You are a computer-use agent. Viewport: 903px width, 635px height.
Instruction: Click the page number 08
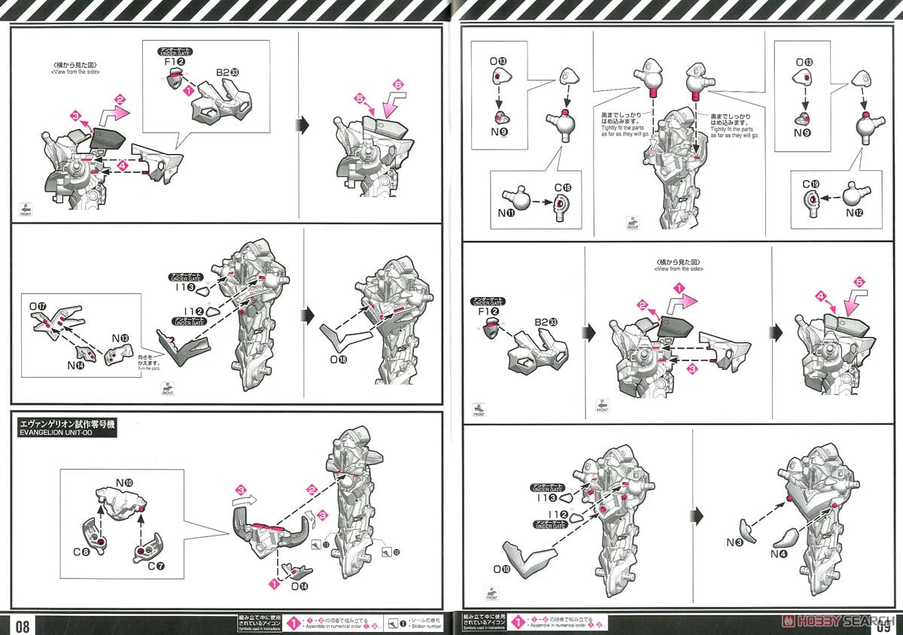(21, 624)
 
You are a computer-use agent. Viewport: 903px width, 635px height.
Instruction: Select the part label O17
(38, 307)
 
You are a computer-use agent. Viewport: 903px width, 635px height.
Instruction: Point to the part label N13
(120, 338)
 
